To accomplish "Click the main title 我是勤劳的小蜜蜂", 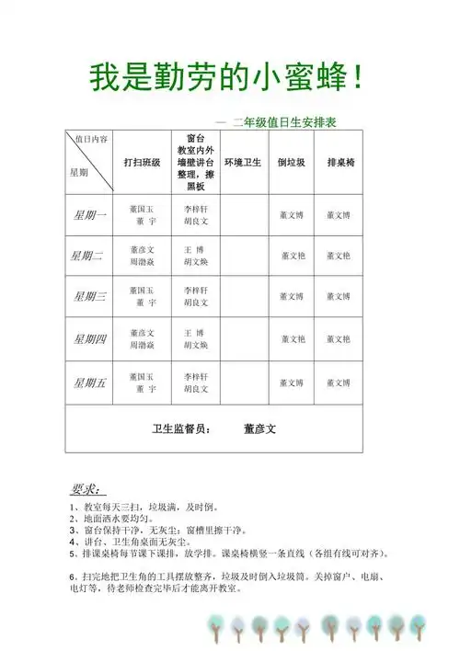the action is [x=225, y=79].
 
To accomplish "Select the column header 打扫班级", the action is [x=143, y=163].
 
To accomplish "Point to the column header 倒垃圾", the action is [x=292, y=163].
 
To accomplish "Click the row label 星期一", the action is [x=90, y=216].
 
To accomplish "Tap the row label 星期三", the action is [x=90, y=296].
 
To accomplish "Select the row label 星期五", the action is [x=90, y=383].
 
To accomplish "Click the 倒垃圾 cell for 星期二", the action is [x=292, y=257].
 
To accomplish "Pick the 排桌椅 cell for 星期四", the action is [x=339, y=339].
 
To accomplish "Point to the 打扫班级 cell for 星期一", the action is [x=143, y=216].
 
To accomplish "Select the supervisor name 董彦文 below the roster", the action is [x=260, y=428].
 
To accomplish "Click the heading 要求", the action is [x=87, y=488].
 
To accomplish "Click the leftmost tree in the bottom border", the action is [x=216, y=630].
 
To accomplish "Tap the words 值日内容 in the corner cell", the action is [x=92, y=139].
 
